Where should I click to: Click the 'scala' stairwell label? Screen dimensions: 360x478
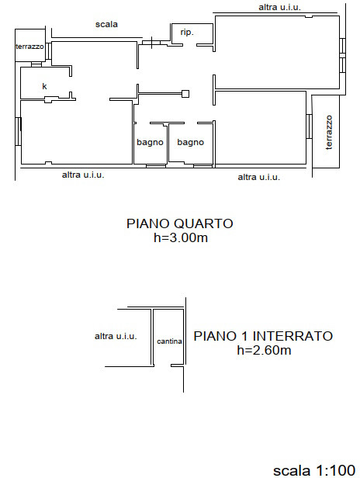click(x=106, y=24)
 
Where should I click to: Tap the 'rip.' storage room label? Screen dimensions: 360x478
click(x=187, y=33)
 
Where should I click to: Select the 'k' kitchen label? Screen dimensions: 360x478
click(x=44, y=86)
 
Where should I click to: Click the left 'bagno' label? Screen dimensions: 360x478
click(x=150, y=142)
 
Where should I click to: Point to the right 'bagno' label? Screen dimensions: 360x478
click(x=191, y=142)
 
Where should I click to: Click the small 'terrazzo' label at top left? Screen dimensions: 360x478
click(x=29, y=47)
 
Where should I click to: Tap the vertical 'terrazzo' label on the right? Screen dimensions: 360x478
click(x=329, y=132)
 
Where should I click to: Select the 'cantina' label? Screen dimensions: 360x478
click(x=169, y=341)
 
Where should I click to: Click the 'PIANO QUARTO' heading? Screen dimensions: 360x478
click(x=180, y=223)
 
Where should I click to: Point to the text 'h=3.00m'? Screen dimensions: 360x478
click(x=181, y=237)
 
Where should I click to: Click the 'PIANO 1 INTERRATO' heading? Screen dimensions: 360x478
click(x=263, y=336)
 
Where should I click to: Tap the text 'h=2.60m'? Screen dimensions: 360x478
click(x=264, y=350)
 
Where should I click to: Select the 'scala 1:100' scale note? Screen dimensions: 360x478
click(x=314, y=470)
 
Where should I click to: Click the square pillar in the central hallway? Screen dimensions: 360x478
click(x=185, y=94)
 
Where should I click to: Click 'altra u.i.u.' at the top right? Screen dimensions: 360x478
click(x=279, y=7)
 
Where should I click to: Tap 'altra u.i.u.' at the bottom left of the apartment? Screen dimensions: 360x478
click(x=83, y=175)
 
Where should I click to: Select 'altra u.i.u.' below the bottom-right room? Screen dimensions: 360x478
click(x=259, y=177)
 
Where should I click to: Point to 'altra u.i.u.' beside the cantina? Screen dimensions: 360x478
click(x=116, y=336)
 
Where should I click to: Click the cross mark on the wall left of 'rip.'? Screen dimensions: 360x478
click(x=151, y=43)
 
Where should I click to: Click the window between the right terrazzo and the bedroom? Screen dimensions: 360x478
click(x=309, y=126)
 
